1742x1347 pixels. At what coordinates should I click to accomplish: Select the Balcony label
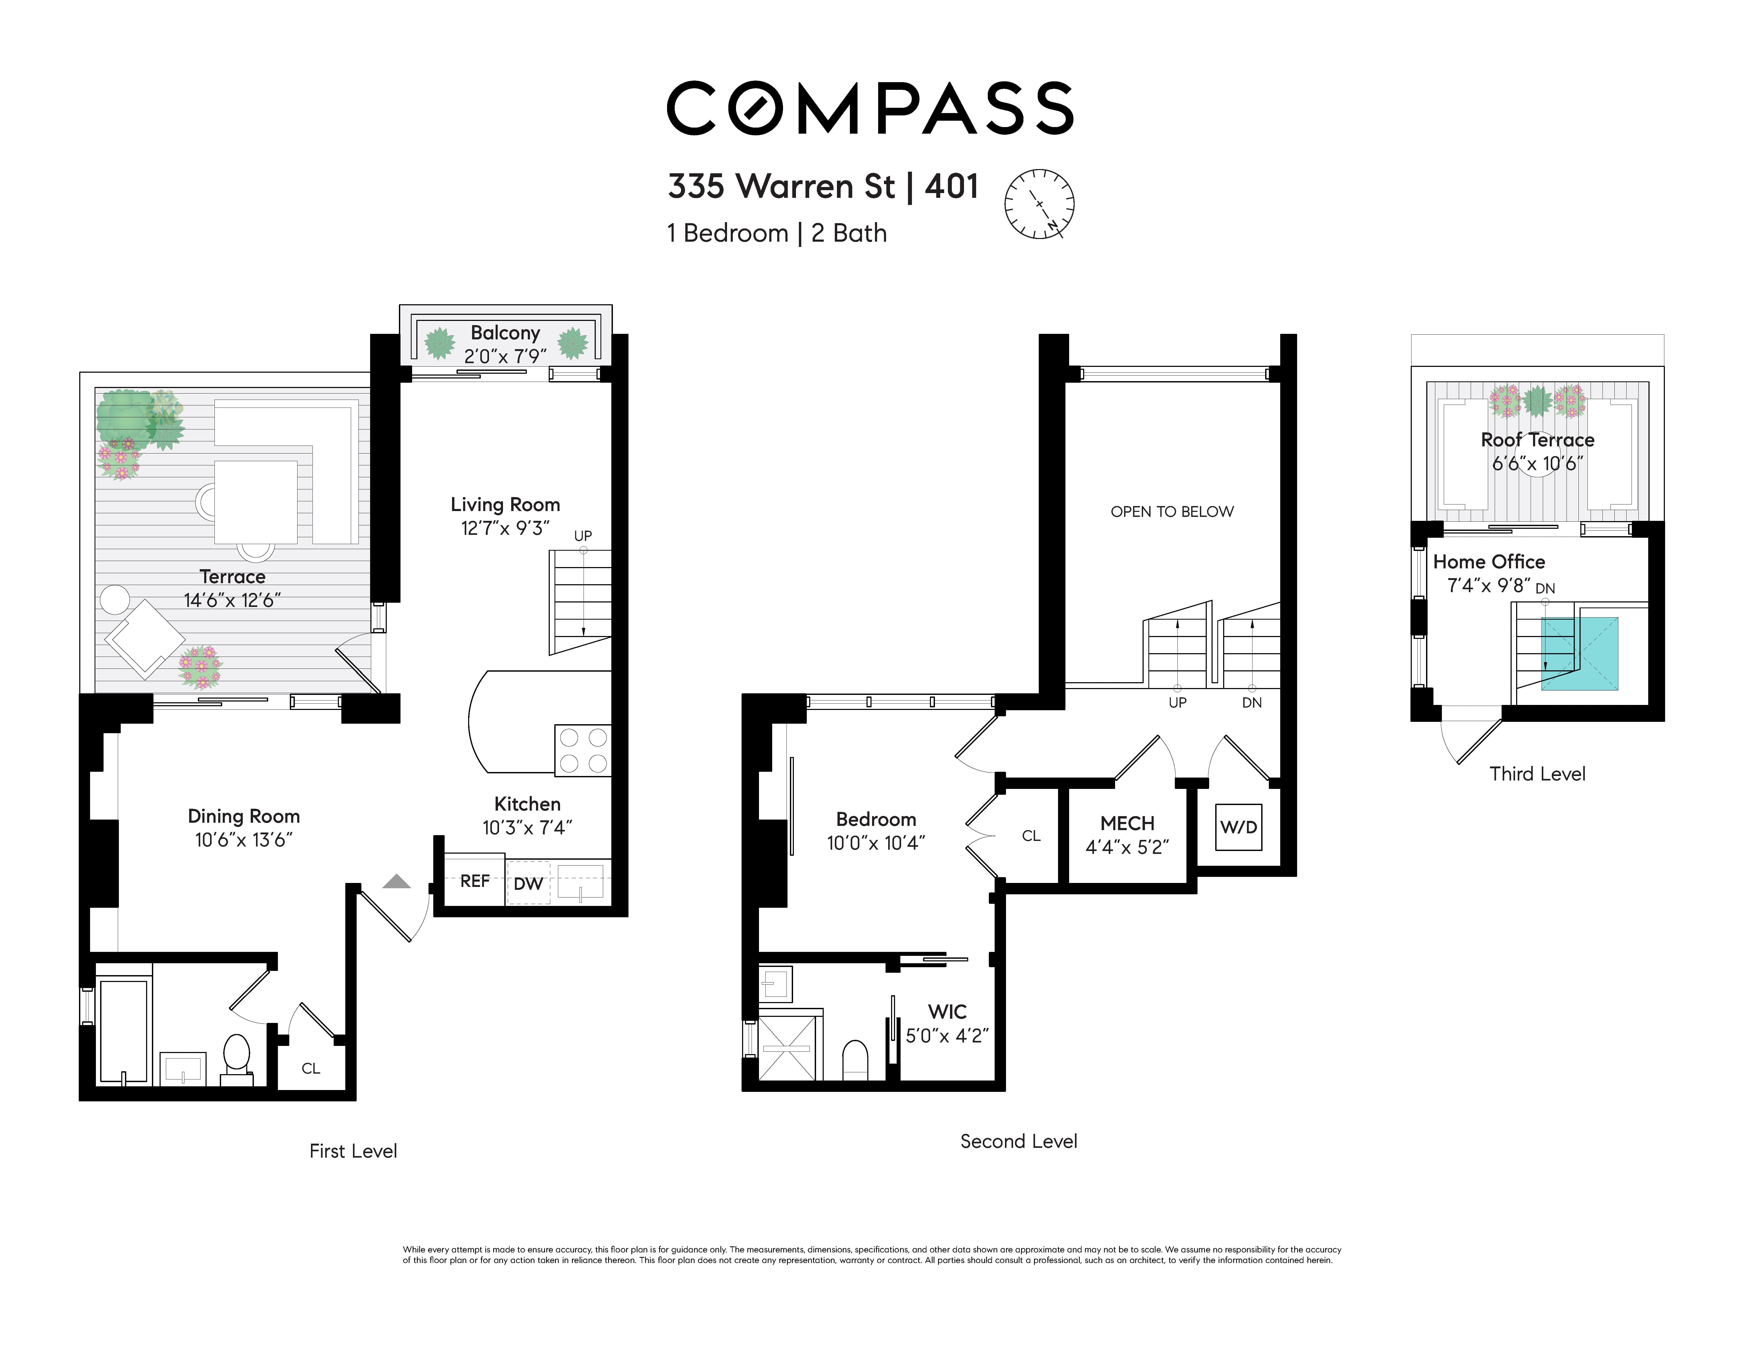(x=505, y=333)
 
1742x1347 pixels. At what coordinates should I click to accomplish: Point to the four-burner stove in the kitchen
(x=583, y=750)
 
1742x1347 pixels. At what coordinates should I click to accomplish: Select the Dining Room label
(x=243, y=816)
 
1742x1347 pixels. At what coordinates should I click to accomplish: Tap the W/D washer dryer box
(x=1239, y=827)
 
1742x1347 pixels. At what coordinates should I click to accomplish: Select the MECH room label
(x=1127, y=823)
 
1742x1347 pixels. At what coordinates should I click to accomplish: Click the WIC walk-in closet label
(x=948, y=1011)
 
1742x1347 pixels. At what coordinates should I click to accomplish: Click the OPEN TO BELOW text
(x=1172, y=511)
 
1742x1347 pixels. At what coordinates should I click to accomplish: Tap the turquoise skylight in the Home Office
(x=1579, y=653)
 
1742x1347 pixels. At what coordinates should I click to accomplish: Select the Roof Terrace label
(x=1537, y=439)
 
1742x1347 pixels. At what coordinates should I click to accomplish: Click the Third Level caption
(x=1537, y=774)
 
